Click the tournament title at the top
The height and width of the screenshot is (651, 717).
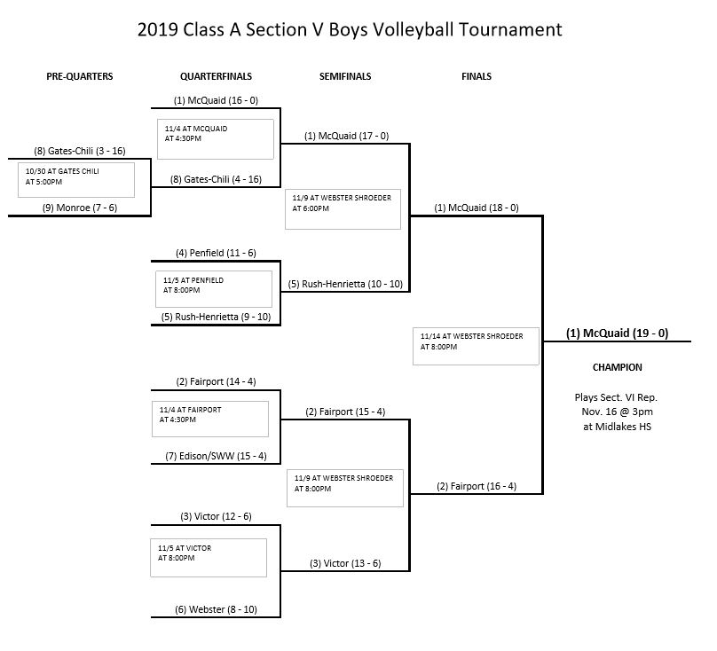(350, 29)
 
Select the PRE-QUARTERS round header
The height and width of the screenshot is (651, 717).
(80, 76)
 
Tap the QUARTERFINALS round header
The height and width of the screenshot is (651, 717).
(217, 76)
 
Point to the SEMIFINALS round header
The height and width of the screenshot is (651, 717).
(345, 76)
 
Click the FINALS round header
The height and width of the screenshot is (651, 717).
(477, 76)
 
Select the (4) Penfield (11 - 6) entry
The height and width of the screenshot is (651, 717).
(216, 253)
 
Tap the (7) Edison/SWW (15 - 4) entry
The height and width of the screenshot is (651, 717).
(216, 457)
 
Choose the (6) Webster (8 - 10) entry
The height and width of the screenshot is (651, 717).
(216, 610)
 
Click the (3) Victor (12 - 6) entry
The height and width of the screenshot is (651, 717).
(216, 517)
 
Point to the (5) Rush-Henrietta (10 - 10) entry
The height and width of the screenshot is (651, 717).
(346, 285)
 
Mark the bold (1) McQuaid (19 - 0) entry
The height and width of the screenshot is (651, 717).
(617, 333)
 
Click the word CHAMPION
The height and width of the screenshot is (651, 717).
(617, 367)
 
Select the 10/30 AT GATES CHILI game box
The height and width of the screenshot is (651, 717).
(76, 179)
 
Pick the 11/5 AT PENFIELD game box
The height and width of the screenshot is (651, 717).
(213, 288)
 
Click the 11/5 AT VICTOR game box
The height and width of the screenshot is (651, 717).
(209, 557)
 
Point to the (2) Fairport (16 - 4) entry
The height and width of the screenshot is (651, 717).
(477, 486)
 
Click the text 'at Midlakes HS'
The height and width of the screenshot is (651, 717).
(617, 427)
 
